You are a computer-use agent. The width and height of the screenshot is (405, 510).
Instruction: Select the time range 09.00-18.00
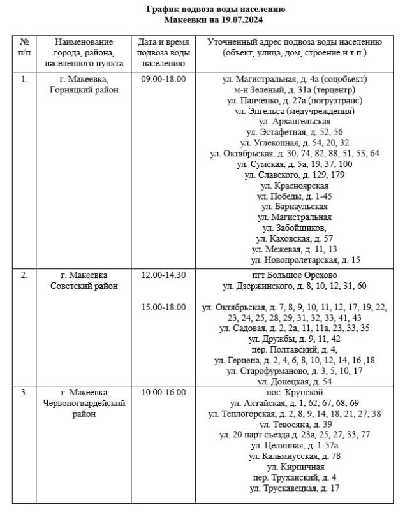click(x=163, y=79)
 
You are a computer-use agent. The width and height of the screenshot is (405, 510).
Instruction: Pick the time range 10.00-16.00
click(x=163, y=392)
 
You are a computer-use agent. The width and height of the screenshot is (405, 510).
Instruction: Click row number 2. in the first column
click(x=24, y=275)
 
